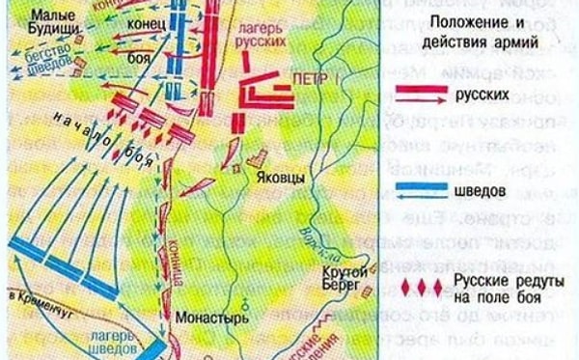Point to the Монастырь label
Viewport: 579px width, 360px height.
(200, 316)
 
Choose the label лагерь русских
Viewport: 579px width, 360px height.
(261, 37)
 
